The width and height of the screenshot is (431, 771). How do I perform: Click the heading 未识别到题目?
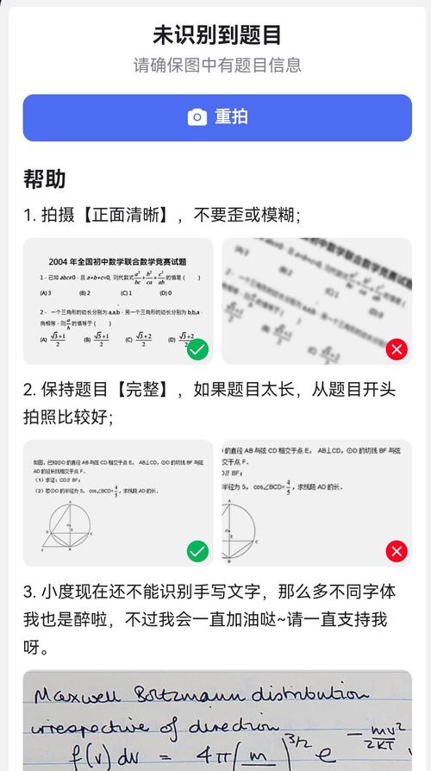216,34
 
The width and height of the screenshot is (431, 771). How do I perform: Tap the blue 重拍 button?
217,117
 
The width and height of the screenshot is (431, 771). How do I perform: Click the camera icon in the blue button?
197,117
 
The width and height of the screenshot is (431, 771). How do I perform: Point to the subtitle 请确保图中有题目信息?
216,66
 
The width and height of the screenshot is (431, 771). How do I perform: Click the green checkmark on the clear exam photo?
197,349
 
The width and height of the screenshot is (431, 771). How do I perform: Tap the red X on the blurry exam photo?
397,349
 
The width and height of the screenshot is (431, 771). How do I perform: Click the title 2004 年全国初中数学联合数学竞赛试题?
118,261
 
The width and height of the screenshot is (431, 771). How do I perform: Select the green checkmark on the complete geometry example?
197,551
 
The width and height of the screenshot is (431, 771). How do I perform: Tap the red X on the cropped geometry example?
397,551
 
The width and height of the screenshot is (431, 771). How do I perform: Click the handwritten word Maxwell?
74,694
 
